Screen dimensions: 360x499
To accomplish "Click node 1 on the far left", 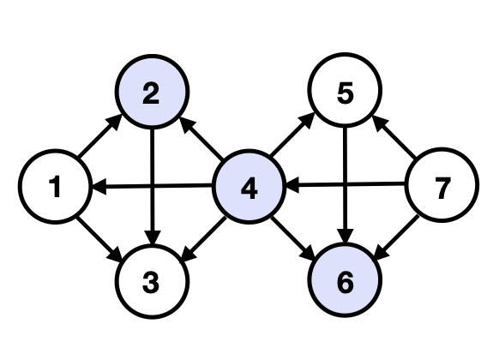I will [x=55, y=187].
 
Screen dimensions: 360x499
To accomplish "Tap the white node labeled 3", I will [x=151, y=282].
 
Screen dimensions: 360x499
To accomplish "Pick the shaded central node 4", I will [x=249, y=187].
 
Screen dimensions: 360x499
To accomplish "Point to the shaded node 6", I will [x=346, y=282].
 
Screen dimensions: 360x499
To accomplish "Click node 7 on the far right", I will [x=442, y=187].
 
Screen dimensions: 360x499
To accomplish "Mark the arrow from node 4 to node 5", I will [x=297, y=141].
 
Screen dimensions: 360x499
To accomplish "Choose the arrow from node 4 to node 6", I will [x=297, y=234].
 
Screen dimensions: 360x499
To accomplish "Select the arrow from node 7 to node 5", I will [x=394, y=140].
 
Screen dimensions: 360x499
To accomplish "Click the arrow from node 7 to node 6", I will [x=394, y=234].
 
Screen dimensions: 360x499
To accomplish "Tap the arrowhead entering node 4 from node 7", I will [x=291, y=184].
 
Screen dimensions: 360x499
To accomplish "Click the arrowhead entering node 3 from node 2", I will [x=152, y=239].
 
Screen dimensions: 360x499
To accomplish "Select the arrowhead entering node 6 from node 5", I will [x=346, y=239].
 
